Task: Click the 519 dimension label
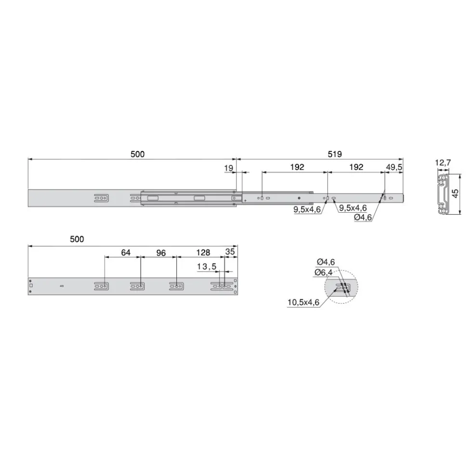coord(335,154)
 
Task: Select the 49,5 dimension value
coord(394,167)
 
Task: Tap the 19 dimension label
coord(229,168)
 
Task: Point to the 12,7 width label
coord(443,163)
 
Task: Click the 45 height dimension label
coord(456,193)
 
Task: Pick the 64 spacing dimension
coord(126,253)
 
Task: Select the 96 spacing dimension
coord(161,253)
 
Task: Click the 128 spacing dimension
coord(203,253)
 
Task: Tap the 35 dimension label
coord(230,252)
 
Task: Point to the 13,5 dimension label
coord(207,267)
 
